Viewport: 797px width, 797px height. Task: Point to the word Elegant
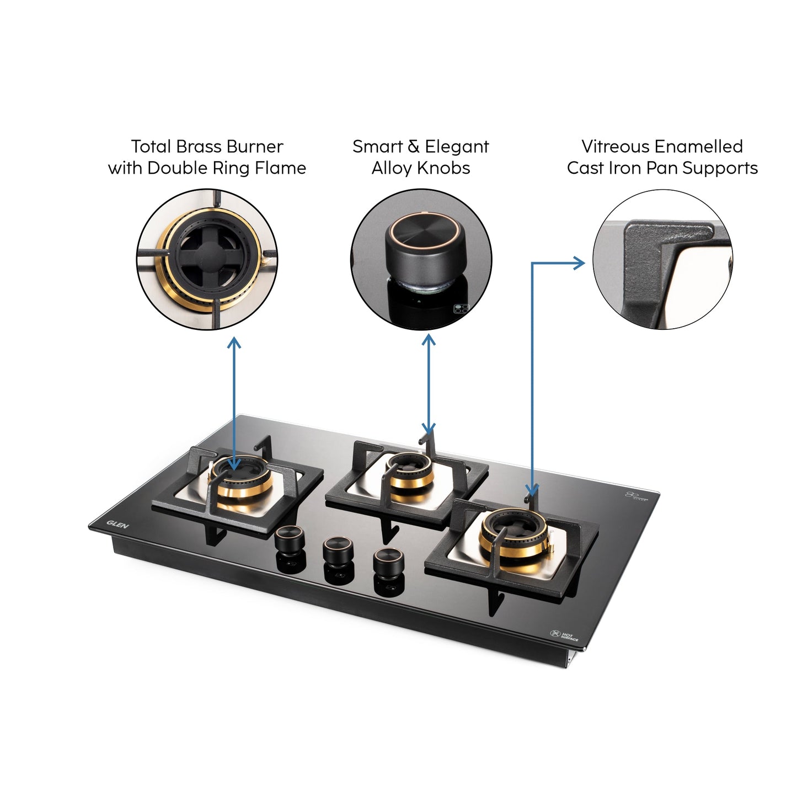click(457, 147)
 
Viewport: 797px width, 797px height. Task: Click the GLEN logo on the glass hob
click(117, 524)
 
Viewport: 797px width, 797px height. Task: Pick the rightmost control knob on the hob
click(388, 561)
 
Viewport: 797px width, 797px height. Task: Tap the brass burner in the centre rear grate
click(410, 472)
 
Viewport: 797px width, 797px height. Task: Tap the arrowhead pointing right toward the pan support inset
click(579, 263)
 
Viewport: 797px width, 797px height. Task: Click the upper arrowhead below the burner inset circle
click(234, 343)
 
